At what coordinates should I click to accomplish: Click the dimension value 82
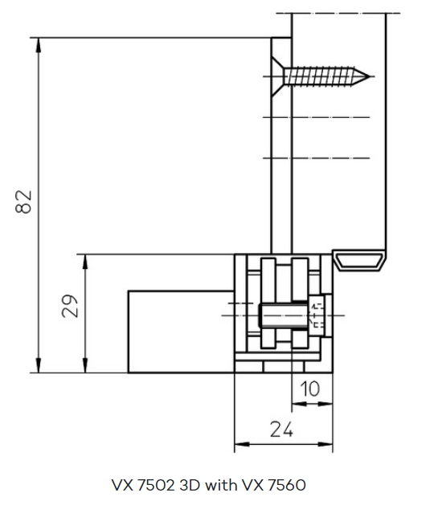pyautogui.click(x=23, y=202)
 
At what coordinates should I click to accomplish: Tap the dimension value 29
pyautogui.click(x=70, y=306)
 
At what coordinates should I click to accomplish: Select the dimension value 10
pyautogui.click(x=310, y=389)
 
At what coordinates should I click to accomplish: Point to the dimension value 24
pyautogui.click(x=281, y=430)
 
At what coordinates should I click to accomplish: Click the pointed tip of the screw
pyautogui.click(x=369, y=76)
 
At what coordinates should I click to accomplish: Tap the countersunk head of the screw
pyautogui.click(x=277, y=76)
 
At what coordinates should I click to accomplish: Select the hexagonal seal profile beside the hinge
pyautogui.click(x=359, y=260)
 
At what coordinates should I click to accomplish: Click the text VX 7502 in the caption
pyautogui.click(x=143, y=485)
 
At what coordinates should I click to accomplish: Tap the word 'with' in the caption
pyautogui.click(x=222, y=485)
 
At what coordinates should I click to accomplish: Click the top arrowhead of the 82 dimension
pyautogui.click(x=39, y=45)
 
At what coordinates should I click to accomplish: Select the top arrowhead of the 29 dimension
pyautogui.click(x=85, y=262)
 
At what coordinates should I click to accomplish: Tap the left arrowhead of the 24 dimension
pyautogui.click(x=242, y=444)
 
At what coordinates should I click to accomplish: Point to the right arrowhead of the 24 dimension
pyautogui.click(x=325, y=444)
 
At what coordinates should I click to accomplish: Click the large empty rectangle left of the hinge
pyautogui.click(x=181, y=332)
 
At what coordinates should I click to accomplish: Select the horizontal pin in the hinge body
pyautogui.click(x=284, y=316)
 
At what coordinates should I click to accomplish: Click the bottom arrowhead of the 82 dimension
pyautogui.click(x=39, y=365)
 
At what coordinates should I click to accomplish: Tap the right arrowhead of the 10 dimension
pyautogui.click(x=325, y=404)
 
